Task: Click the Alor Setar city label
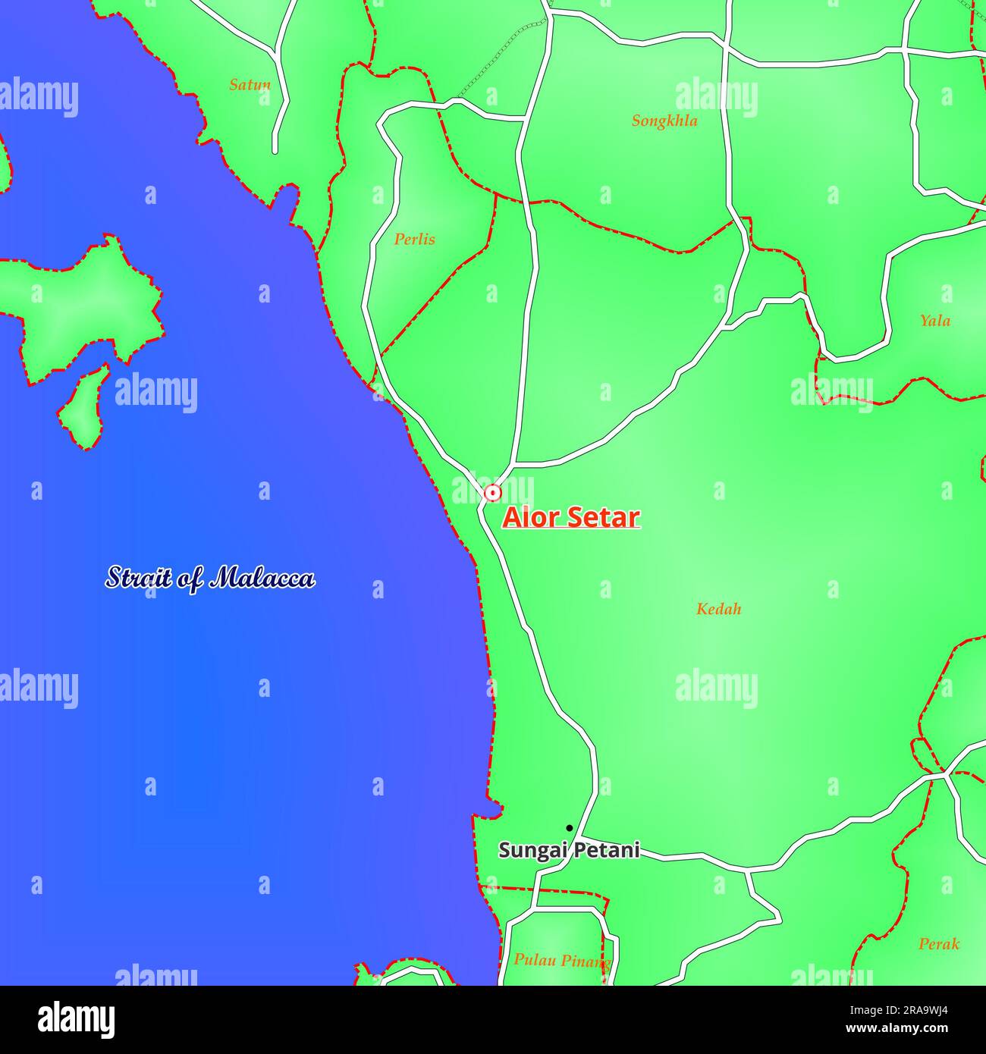coord(571,517)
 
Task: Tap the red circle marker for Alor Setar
coord(493,494)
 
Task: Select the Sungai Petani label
coord(569,850)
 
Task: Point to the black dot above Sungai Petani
coord(569,828)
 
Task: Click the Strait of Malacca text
coord(210,579)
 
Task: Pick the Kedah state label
coord(718,609)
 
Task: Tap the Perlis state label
coord(414,240)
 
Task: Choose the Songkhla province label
coord(664,121)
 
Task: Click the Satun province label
coord(250,85)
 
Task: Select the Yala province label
coord(934,321)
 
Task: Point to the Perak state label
coord(938,944)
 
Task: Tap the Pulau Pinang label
coord(561,961)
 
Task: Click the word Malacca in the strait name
coord(262,579)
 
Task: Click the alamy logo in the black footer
coord(76,1020)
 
